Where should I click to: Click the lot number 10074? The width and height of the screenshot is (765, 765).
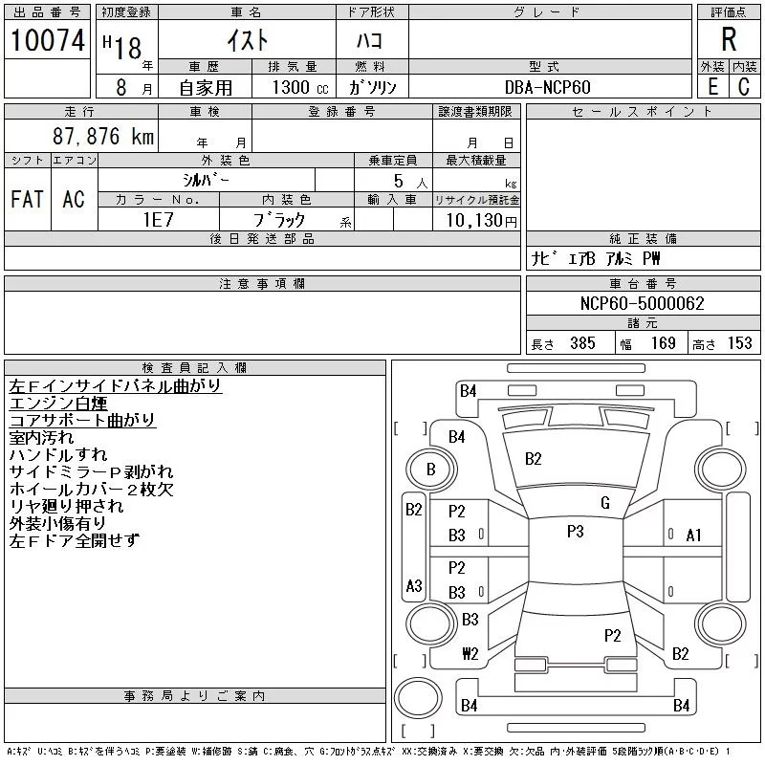47,40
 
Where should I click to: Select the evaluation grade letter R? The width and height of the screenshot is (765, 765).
729,39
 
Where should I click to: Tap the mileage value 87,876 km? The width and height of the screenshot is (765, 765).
103,137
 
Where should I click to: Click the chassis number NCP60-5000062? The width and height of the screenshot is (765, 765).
643,304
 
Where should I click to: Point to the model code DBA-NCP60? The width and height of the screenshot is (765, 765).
548,87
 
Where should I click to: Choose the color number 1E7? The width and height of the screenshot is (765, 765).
158,219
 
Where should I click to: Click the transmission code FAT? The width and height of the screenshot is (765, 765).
27,200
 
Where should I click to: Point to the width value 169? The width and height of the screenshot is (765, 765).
664,343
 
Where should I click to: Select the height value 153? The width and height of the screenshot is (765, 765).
739,343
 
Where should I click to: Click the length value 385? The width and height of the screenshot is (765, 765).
582,343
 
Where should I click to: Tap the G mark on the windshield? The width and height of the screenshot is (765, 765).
605,503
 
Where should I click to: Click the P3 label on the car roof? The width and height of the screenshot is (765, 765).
575,532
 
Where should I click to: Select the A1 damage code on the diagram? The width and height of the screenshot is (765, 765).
694,535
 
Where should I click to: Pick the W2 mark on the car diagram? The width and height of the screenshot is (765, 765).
470,654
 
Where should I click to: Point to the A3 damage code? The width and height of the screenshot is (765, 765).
414,585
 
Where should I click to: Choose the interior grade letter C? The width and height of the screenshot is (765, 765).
744,87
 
